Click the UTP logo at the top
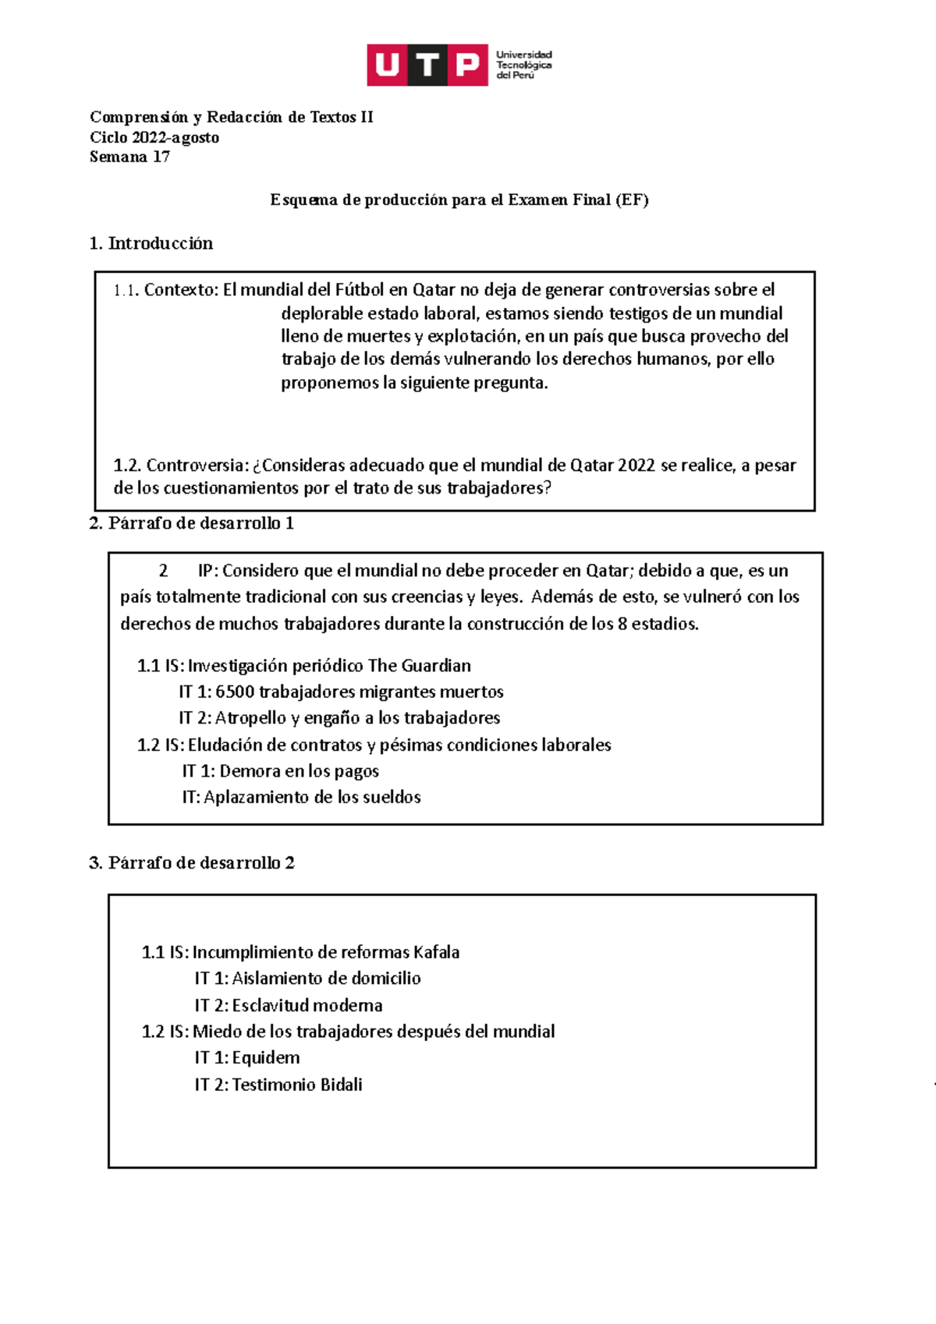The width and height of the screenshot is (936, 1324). click(459, 65)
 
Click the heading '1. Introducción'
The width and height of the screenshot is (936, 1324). click(151, 243)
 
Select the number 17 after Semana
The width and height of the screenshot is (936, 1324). click(161, 157)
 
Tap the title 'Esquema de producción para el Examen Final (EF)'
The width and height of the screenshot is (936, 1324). click(459, 200)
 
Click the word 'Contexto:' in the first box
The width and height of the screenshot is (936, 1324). click(182, 290)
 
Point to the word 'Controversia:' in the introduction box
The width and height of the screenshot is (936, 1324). click(197, 466)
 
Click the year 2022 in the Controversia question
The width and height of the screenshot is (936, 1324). click(636, 466)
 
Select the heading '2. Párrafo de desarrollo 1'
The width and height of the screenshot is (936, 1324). click(192, 523)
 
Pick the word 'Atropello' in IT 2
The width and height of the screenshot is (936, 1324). click(250, 718)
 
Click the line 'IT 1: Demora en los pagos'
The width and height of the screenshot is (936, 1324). click(281, 771)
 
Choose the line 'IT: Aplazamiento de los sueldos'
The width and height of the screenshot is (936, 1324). click(302, 797)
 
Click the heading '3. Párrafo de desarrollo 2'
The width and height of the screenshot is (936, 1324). click(192, 863)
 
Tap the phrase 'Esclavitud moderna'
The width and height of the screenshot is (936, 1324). click(307, 1005)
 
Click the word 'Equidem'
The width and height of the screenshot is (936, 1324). click(266, 1058)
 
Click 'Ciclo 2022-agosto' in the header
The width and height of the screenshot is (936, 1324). click(154, 137)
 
